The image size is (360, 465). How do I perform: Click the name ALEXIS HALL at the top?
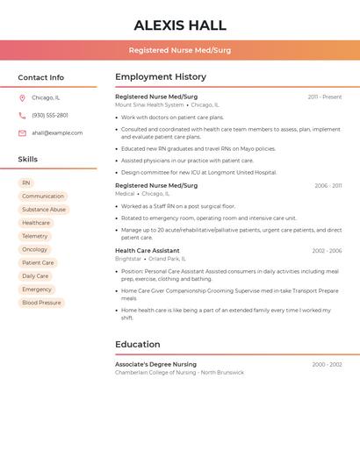[x=180, y=25]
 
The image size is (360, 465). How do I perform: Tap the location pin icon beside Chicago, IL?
[x=22, y=97]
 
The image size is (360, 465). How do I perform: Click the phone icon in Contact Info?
[x=22, y=115]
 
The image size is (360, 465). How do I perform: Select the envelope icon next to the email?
[x=22, y=133]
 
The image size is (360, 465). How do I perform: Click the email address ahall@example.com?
[x=57, y=133]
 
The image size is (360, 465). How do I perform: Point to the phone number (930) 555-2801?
[x=50, y=115]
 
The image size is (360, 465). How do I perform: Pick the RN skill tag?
[x=26, y=182]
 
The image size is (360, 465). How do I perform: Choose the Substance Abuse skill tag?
[x=44, y=210]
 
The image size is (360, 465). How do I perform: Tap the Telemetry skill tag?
[x=35, y=236]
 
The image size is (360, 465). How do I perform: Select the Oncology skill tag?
[x=35, y=249]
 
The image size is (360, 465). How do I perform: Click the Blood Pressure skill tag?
[x=41, y=303]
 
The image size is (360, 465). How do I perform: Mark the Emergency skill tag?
[x=37, y=290]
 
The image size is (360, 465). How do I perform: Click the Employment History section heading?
[x=161, y=77]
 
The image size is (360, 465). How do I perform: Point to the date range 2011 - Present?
[x=325, y=97]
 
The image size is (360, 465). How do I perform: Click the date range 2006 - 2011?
[x=328, y=186]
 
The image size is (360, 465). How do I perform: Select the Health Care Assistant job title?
[x=148, y=251]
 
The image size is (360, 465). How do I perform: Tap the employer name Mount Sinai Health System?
[x=149, y=105]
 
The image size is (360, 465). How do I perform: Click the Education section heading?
[x=138, y=344]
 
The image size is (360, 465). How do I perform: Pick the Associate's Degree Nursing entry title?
[x=156, y=364]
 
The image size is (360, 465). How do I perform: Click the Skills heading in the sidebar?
[x=28, y=160]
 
